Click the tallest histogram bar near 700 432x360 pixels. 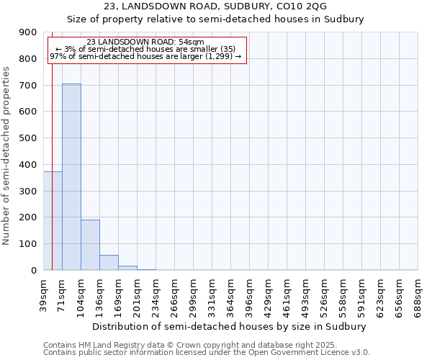click(x=71, y=176)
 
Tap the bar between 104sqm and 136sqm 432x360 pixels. click(x=90, y=245)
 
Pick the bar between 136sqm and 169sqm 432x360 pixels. click(x=109, y=262)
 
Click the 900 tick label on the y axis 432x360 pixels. click(x=28, y=32)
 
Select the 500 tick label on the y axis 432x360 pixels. click(x=28, y=138)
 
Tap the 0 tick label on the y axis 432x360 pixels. click(x=33, y=271)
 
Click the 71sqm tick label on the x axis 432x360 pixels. click(x=62, y=292)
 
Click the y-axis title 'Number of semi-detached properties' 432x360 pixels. click(x=7, y=156)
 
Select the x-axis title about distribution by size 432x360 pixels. click(x=230, y=326)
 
